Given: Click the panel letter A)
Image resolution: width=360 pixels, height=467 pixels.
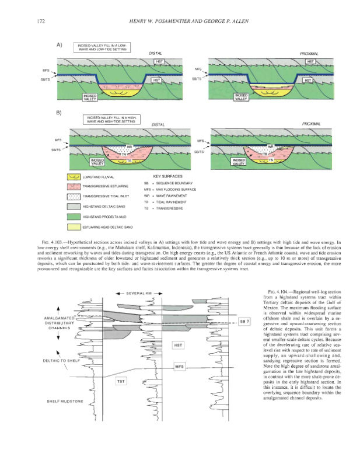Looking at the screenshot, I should (60, 44).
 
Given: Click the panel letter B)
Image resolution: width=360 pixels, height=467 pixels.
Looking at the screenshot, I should (60, 113).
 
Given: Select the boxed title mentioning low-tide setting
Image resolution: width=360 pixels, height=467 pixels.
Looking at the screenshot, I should (101, 47).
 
